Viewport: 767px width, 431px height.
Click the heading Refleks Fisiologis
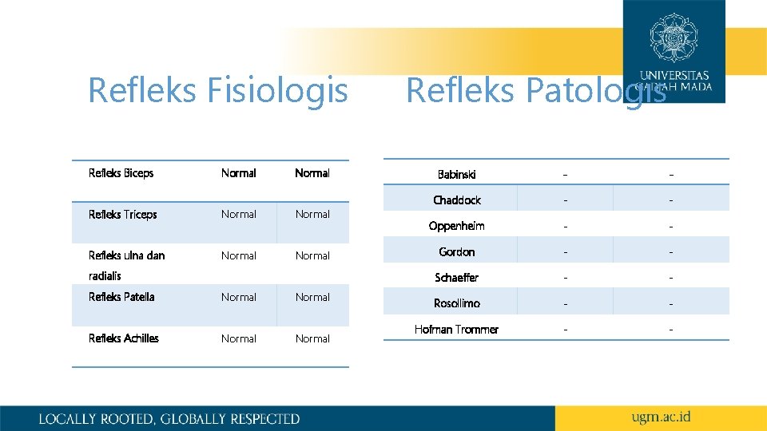(217, 90)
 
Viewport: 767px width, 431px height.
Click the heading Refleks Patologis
(535, 90)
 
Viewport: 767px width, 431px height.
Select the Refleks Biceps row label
(121, 173)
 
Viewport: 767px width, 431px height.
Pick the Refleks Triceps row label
(123, 215)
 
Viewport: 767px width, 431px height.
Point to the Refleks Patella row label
(121, 297)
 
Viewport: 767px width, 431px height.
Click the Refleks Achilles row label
(124, 338)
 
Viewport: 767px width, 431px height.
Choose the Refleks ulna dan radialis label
(126, 265)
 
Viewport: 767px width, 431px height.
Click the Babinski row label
(457, 174)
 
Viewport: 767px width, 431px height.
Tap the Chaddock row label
(457, 200)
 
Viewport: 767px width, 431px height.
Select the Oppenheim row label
(456, 226)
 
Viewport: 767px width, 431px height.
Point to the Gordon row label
(457, 252)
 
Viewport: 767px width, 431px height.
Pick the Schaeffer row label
(457, 278)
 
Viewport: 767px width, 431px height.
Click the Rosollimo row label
(457, 303)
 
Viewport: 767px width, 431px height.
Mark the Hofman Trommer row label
(456, 330)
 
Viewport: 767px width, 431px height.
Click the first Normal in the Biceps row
(239, 173)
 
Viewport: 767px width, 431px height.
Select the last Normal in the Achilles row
(312, 338)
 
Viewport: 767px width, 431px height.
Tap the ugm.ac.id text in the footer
(661, 417)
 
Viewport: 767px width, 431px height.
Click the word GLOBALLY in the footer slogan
(193, 418)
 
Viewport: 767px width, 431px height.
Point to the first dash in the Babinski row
(566, 174)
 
